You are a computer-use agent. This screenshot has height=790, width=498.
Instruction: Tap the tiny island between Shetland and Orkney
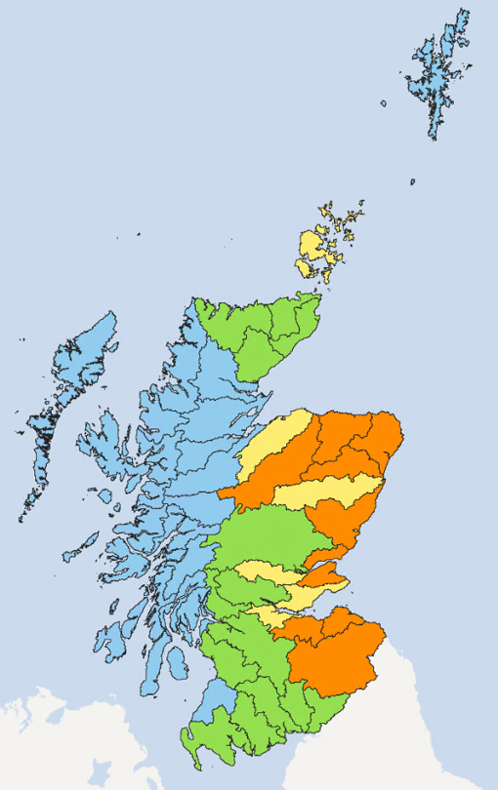(412, 181)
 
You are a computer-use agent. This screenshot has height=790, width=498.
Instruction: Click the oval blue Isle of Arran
(176, 663)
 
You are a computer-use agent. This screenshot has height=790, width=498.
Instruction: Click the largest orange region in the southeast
(337, 649)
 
